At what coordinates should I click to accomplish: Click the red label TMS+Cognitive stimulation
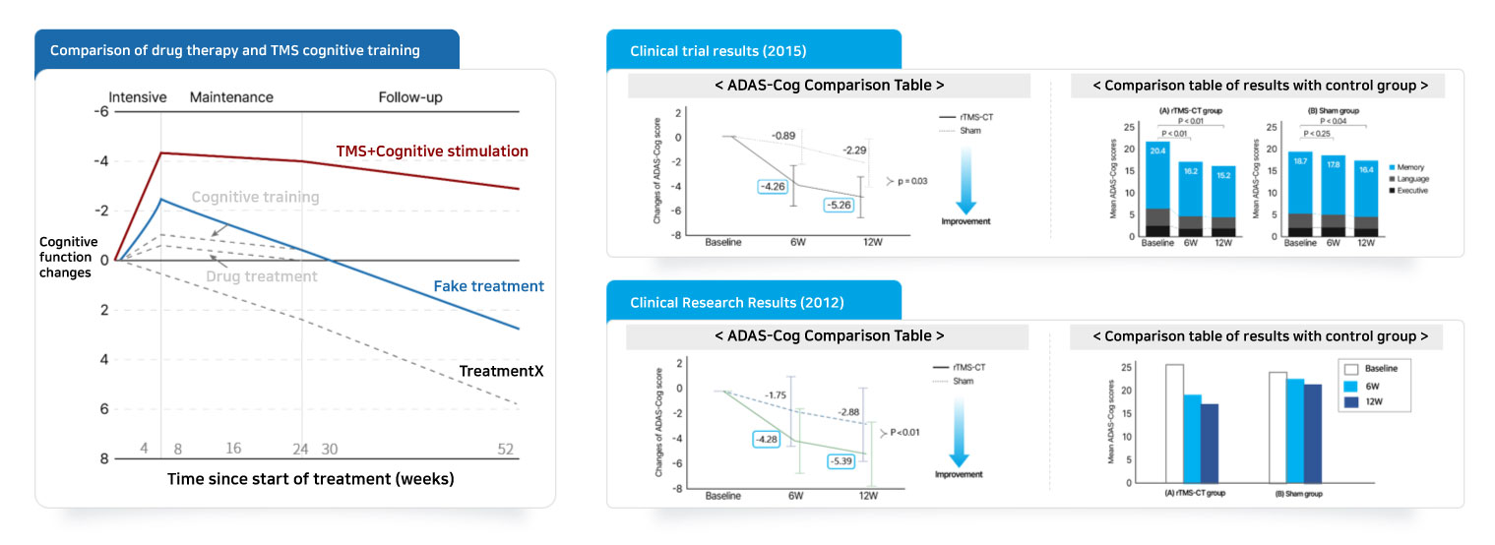coord(432,151)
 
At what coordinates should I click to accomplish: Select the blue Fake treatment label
coord(488,286)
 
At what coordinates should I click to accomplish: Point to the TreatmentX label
coord(501,371)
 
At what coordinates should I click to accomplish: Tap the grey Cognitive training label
coord(255,197)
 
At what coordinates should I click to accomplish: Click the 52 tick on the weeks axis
coord(506,449)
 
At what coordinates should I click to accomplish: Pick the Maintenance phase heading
coord(231,97)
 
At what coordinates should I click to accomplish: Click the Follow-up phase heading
coord(410,97)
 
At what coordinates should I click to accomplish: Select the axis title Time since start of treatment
coord(310,479)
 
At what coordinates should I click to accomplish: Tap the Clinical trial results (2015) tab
coord(718,51)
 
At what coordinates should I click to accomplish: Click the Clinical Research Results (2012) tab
coord(736,302)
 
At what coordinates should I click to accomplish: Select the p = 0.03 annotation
coord(906,181)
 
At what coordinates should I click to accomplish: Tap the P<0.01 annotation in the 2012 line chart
coord(903,431)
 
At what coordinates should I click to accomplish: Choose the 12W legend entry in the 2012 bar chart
coord(1370,401)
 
